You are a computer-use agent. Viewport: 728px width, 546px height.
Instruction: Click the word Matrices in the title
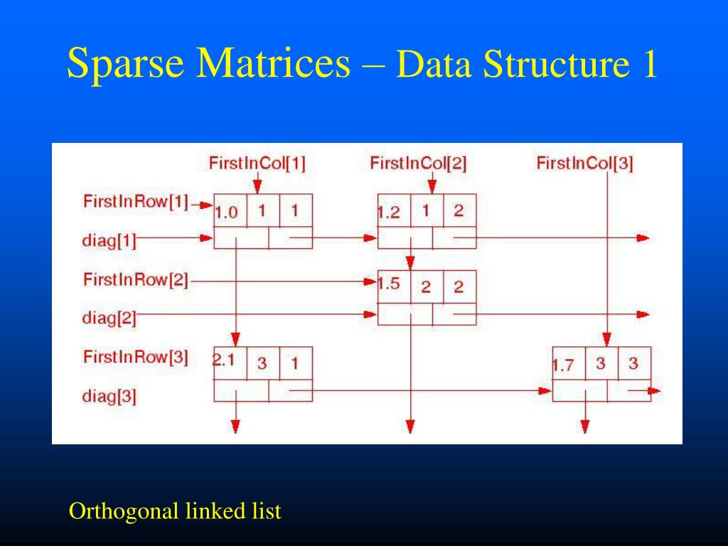click(x=274, y=65)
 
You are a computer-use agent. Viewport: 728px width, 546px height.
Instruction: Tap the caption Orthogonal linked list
click(x=175, y=510)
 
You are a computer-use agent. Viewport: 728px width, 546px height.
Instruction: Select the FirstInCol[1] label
click(x=257, y=164)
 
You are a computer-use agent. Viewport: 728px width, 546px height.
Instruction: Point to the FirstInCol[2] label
click(x=418, y=164)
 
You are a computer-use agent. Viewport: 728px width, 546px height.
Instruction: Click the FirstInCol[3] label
click(x=584, y=164)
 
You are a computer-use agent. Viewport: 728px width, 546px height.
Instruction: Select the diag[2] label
click(x=109, y=318)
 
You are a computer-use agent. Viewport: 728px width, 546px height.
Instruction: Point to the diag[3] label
click(x=109, y=396)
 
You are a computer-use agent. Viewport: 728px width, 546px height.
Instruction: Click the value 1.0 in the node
click(x=225, y=212)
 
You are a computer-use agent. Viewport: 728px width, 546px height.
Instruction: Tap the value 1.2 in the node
click(x=389, y=213)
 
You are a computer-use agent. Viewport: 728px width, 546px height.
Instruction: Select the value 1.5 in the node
click(x=389, y=284)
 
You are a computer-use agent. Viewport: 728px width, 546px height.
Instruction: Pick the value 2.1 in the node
click(x=224, y=360)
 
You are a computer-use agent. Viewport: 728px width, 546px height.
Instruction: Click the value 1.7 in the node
click(x=563, y=366)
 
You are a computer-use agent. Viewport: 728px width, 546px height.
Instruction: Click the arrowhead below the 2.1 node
click(x=235, y=427)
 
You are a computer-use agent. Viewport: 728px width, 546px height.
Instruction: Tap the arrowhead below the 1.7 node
click(x=585, y=427)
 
